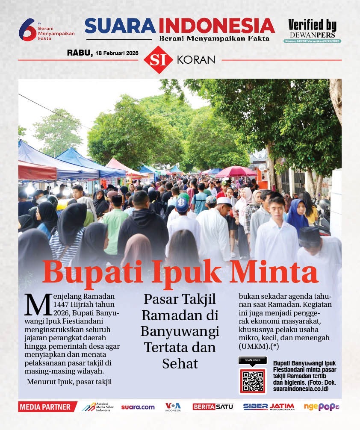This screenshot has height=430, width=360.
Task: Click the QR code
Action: pos(252,381)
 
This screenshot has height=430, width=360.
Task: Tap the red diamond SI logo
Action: pos(158,60)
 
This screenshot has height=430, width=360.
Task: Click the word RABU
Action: pos(79,53)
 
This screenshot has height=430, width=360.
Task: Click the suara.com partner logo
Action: pos(138,407)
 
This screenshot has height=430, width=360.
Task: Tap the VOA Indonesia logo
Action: pos(173,406)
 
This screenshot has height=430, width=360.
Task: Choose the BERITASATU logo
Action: pos(213,407)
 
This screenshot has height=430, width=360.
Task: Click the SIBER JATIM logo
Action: pos(269,406)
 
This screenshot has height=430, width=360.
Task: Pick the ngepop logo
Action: pos(321,407)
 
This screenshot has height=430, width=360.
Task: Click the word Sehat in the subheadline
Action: pos(180,363)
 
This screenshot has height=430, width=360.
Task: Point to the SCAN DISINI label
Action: pos(252,360)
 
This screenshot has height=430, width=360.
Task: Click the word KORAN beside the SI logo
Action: pos(196,60)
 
